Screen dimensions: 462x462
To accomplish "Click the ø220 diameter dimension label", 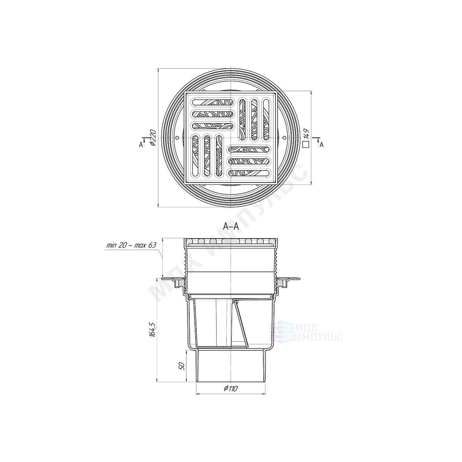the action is pos(153,138).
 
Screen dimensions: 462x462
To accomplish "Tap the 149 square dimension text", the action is pos(306,134).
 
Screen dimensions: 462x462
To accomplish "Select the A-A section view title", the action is pos(231,226).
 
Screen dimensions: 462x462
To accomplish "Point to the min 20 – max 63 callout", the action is pos(131,245).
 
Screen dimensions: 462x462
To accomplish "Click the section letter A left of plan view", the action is pos(141,145).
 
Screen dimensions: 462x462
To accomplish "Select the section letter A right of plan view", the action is pos(321,145).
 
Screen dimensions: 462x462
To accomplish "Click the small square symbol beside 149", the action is pos(306,144).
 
